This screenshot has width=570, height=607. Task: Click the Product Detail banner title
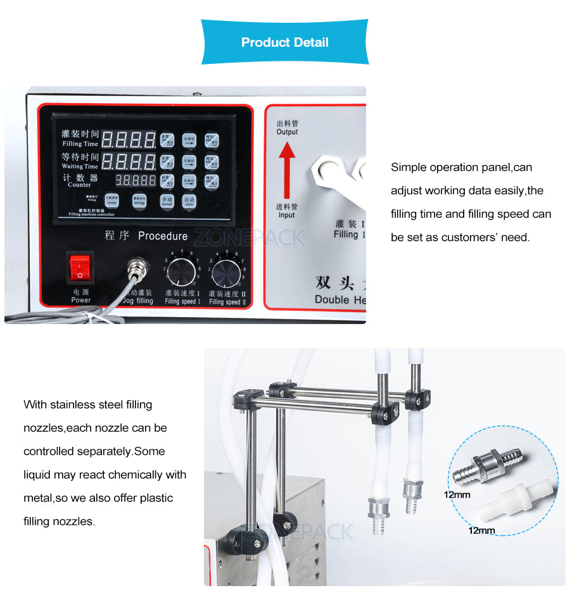click(x=284, y=42)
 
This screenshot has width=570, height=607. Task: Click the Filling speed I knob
click(x=182, y=273)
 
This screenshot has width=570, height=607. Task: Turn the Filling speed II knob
click(x=226, y=274)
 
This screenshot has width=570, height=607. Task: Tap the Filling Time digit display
click(x=129, y=140)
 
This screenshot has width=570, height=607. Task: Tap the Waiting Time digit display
click(x=129, y=161)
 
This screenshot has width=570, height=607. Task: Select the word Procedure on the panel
click(x=163, y=235)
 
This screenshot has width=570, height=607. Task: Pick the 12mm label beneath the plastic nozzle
click(x=481, y=530)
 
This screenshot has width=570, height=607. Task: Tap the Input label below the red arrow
click(x=287, y=215)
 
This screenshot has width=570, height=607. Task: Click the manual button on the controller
click(x=167, y=201)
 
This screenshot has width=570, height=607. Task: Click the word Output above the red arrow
click(x=287, y=132)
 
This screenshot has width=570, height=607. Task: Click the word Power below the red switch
click(x=80, y=300)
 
